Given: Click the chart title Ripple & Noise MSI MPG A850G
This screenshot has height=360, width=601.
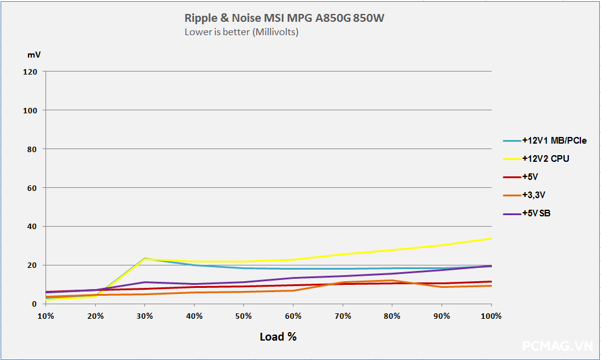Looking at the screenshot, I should [x=284, y=18].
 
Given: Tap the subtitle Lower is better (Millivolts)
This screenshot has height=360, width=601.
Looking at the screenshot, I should [x=241, y=32].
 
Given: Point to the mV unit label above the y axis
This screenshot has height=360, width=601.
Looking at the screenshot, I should [x=34, y=55].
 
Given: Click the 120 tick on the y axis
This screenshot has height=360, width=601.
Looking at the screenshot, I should [x=30, y=72].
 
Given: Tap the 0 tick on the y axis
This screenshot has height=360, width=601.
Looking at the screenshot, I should [x=35, y=304].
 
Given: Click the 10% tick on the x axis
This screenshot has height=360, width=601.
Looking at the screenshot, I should [x=45, y=316].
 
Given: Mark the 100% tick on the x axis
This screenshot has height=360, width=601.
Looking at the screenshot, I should [x=491, y=316].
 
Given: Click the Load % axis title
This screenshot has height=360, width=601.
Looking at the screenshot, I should [x=278, y=336].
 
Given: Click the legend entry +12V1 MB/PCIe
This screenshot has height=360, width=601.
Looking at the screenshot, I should [x=554, y=141].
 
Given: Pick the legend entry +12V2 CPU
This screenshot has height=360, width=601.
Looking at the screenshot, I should [x=545, y=159].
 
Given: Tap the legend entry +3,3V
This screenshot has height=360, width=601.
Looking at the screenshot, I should [x=534, y=195].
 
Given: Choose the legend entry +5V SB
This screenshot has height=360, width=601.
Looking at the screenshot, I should [x=536, y=213].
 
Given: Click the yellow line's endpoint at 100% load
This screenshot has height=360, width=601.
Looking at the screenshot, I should [x=491, y=239].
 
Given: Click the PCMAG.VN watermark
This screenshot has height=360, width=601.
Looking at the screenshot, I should [x=557, y=345].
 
